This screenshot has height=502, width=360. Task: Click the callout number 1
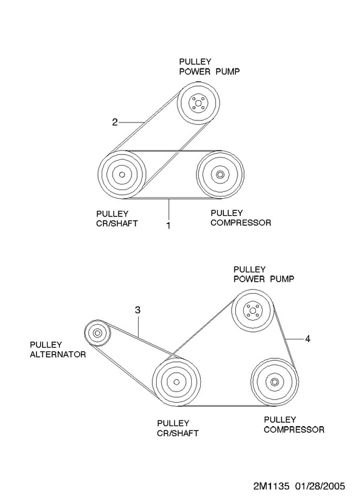click(x=168, y=225)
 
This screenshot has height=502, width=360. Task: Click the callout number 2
click(x=115, y=122)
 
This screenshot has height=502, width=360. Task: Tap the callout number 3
click(x=137, y=310)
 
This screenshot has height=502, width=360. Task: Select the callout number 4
click(x=307, y=339)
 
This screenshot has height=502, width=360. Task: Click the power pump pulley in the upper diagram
click(x=198, y=103)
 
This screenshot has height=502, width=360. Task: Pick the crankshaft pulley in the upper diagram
click(x=122, y=174)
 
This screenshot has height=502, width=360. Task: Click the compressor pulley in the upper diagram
click(x=220, y=174)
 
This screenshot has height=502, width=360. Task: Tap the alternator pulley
click(x=97, y=333)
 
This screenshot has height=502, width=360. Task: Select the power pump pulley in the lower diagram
click(x=253, y=311)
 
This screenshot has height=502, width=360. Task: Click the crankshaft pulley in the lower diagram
click(x=176, y=382)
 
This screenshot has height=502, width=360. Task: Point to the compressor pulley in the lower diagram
click(x=274, y=382)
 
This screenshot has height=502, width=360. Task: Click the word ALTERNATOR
click(x=58, y=355)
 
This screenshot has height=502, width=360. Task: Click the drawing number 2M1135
click(x=272, y=486)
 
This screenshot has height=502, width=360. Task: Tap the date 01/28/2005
click(x=320, y=486)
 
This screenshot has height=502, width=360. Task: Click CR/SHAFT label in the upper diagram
click(x=117, y=223)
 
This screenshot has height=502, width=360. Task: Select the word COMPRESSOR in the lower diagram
click(x=294, y=429)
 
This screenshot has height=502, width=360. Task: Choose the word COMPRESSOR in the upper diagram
click(x=241, y=223)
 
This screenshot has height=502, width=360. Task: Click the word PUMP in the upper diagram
click(x=228, y=72)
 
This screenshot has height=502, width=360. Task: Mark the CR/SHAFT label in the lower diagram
click(x=178, y=433)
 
